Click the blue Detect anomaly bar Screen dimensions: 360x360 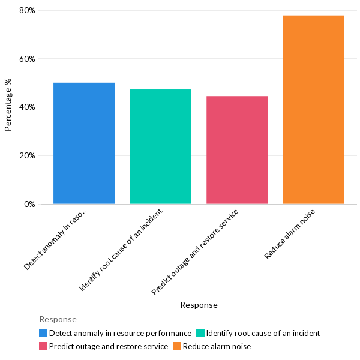pyautogui.click(x=84, y=143)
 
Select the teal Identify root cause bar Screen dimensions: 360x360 pyautogui.click(x=160, y=146)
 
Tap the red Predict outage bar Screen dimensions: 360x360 pyautogui.click(x=237, y=150)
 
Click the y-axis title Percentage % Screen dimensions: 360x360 pyautogui.click(x=8, y=105)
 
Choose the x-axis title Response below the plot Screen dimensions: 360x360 pyautogui.click(x=199, y=305)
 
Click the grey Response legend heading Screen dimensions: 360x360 pyautogui.click(x=58, y=319)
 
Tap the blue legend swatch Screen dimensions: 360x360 pyautogui.click(x=43, y=333)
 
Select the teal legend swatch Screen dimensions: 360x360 pyautogui.click(x=200, y=333)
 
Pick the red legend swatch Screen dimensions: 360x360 pyautogui.click(x=43, y=346)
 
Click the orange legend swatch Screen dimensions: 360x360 pyautogui.click(x=177, y=346)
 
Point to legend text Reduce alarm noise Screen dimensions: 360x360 pyautogui.click(x=217, y=346)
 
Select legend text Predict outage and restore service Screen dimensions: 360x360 pyautogui.click(x=109, y=346)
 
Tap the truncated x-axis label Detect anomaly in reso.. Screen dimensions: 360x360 pyautogui.click(x=56, y=239)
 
